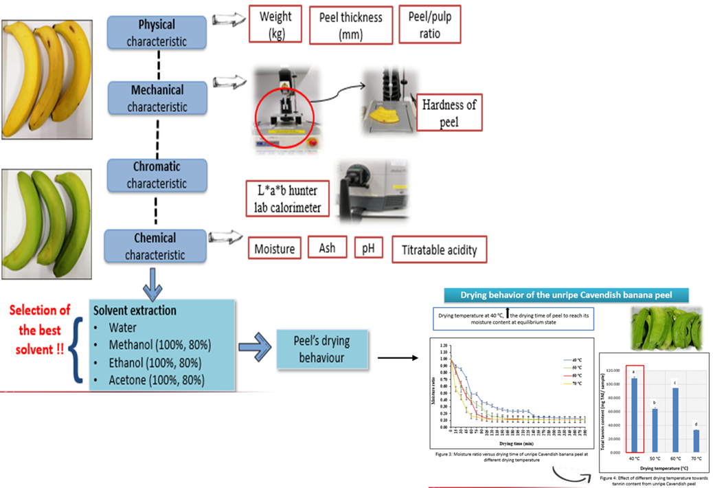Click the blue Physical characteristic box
click(x=157, y=33)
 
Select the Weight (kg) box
click(x=275, y=25)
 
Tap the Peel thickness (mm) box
click(x=351, y=25)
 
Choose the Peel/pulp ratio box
click(x=429, y=25)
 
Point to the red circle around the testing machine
click(x=284, y=117)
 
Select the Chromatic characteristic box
click(x=157, y=175)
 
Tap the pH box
click(x=368, y=247)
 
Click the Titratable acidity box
click(x=439, y=250)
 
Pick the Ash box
click(x=327, y=247)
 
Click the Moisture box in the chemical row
click(x=274, y=248)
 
